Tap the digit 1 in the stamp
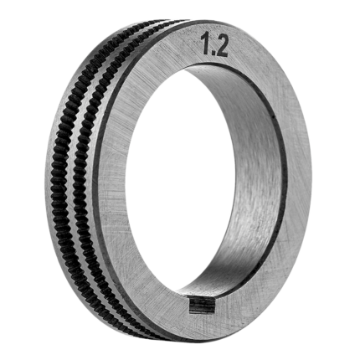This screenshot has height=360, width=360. [x=205, y=44]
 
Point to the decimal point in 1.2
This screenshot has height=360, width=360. [x=212, y=52]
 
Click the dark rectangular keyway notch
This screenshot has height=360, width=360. [x=203, y=306]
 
